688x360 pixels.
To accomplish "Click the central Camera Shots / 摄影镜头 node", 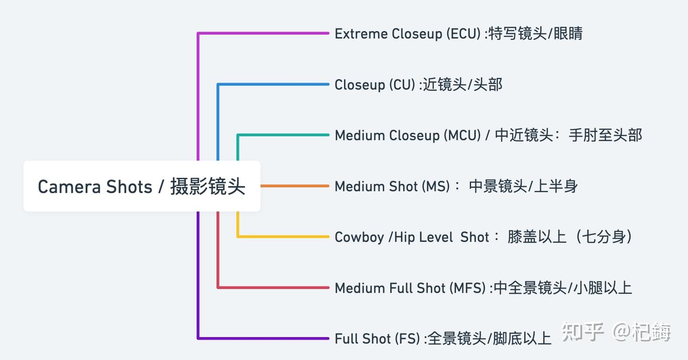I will click(141, 186).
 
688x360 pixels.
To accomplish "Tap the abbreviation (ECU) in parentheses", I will click(463, 33).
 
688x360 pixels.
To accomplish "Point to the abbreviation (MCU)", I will click(462, 135).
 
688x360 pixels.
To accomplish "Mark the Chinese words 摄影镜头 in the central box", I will click(207, 186).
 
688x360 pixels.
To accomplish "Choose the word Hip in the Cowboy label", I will click(404, 237).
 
